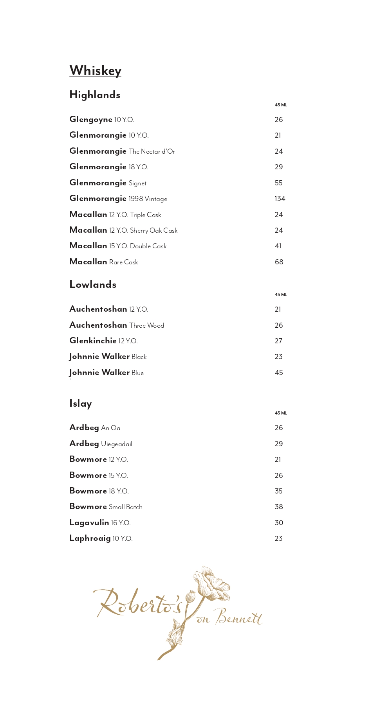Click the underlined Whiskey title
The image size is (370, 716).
click(95, 70)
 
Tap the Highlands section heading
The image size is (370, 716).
click(95, 95)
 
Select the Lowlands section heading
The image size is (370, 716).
click(93, 285)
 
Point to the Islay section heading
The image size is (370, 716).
click(81, 404)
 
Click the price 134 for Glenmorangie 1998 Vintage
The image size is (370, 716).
click(280, 199)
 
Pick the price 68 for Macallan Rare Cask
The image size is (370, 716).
click(279, 262)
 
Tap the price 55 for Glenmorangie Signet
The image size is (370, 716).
click(278, 183)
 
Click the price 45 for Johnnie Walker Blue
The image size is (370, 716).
click(279, 373)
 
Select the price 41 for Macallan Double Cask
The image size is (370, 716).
click(278, 246)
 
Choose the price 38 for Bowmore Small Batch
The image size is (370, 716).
click(279, 507)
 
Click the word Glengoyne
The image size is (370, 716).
click(91, 120)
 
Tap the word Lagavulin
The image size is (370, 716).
click(89, 523)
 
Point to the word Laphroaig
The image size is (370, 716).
click(90, 538)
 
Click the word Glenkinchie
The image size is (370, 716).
click(93, 341)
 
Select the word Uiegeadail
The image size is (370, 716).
click(117, 444)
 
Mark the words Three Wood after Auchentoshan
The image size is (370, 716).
click(147, 325)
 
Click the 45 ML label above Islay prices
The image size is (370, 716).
click(281, 413)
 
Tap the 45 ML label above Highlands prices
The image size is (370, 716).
click(281, 105)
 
